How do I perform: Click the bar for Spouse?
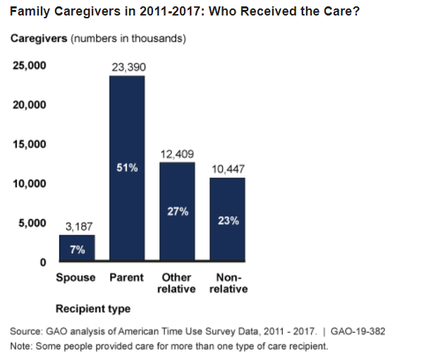click(76, 248)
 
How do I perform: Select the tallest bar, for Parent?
click(127, 169)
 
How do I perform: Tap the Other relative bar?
click(178, 211)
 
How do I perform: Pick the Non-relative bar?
click(228, 219)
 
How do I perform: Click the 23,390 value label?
click(127, 68)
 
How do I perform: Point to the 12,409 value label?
click(178, 154)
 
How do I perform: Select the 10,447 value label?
click(228, 169)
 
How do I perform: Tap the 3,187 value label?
click(78, 226)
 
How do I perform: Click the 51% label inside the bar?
click(127, 168)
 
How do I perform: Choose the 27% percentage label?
click(178, 211)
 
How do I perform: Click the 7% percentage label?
click(76, 248)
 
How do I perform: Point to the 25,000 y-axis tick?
click(29, 66)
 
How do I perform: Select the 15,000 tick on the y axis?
click(29, 144)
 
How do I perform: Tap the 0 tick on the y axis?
click(43, 262)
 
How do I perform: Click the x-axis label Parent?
click(127, 277)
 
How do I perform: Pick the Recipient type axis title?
click(93, 309)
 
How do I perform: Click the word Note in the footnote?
click(21, 347)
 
